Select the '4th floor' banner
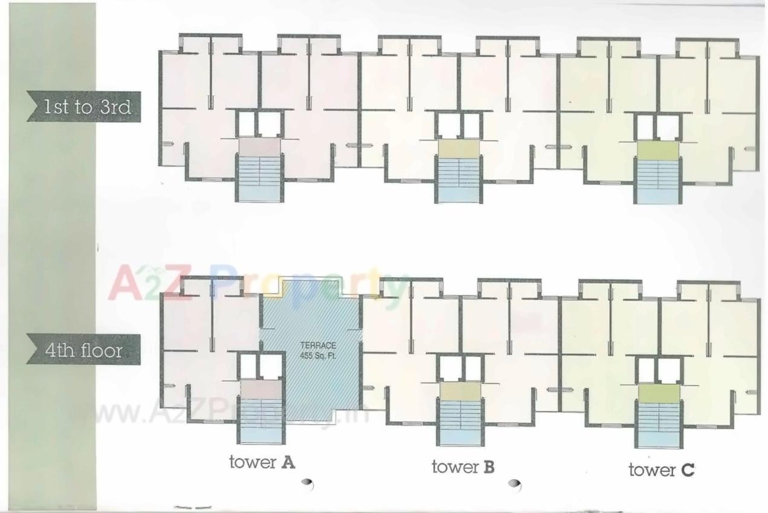[x=83, y=350]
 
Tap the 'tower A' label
[x=262, y=463]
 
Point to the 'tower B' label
[x=463, y=466]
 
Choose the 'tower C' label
[x=661, y=469]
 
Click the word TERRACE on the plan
[x=318, y=345]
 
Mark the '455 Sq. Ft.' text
[x=318, y=356]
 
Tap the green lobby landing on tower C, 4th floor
[x=658, y=393]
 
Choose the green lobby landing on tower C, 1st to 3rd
[x=657, y=149]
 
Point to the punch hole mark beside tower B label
[x=515, y=484]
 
